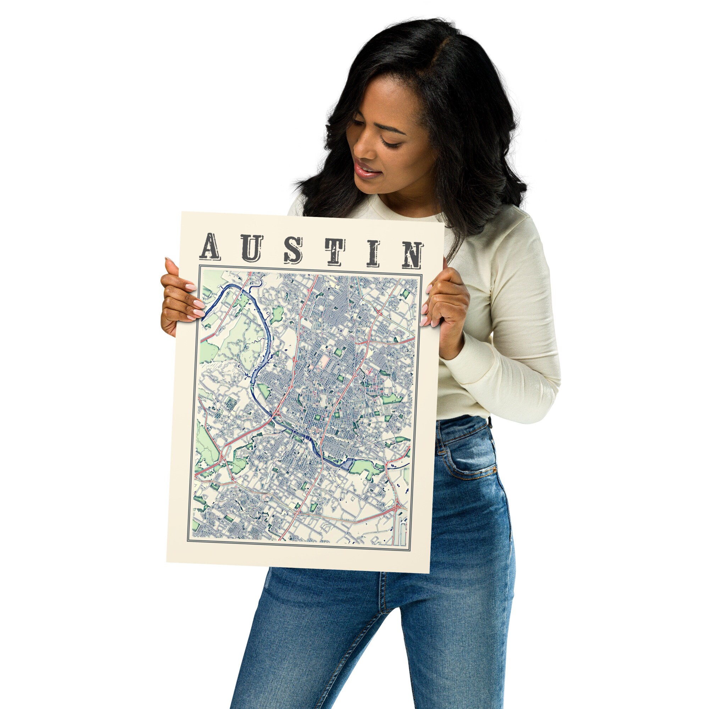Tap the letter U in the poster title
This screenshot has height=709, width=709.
coord(252,249)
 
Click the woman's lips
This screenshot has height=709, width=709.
coord(367,171)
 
